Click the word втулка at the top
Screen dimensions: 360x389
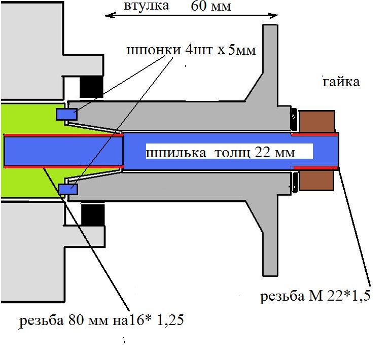pyautogui.click(x=146, y=6)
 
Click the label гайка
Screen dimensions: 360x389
pyautogui.click(x=341, y=82)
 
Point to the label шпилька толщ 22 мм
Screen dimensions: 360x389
pyautogui.click(x=221, y=152)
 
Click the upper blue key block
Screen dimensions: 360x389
pyautogui.click(x=66, y=115)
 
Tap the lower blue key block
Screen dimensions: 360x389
pyautogui.click(x=67, y=189)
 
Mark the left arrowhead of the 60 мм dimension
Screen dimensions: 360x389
pyautogui.click(x=108, y=16)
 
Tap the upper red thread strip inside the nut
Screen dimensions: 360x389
pyautogui.click(x=314, y=135)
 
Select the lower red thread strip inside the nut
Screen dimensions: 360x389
pyautogui.click(x=314, y=167)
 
